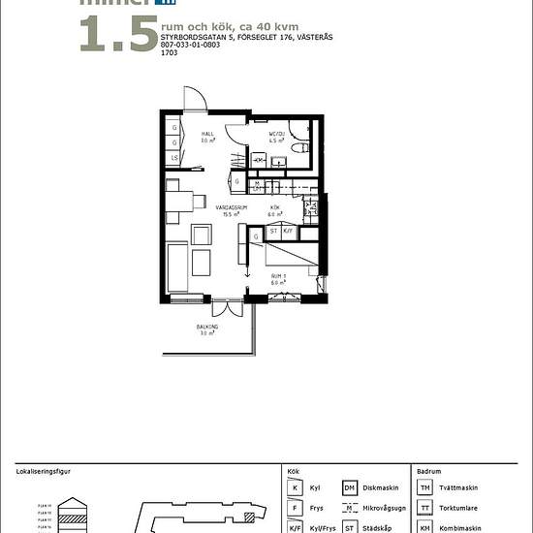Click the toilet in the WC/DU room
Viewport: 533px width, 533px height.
299,151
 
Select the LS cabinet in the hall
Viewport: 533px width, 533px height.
174,158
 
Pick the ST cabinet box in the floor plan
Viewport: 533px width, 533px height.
274,232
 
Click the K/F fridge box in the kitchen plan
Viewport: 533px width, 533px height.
288,232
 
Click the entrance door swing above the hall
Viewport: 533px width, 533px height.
195,99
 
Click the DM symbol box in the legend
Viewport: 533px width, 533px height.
350,488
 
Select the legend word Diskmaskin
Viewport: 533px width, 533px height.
381,488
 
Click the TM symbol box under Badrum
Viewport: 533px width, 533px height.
425,488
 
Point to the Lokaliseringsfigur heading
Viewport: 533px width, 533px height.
44,471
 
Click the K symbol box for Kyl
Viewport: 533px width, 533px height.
295,488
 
